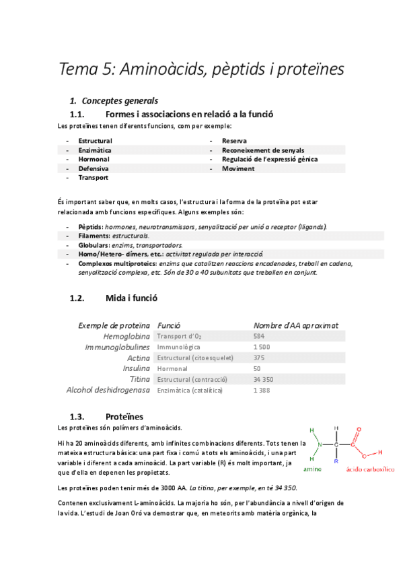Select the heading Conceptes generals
(x=120, y=101)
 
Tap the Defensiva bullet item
(x=94, y=168)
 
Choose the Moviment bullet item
(x=238, y=168)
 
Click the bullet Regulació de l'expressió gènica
(x=270, y=159)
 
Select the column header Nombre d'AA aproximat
(x=295, y=325)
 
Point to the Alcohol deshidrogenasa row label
(x=108, y=390)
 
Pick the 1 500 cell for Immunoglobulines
(x=262, y=347)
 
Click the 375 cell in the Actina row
(x=259, y=358)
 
